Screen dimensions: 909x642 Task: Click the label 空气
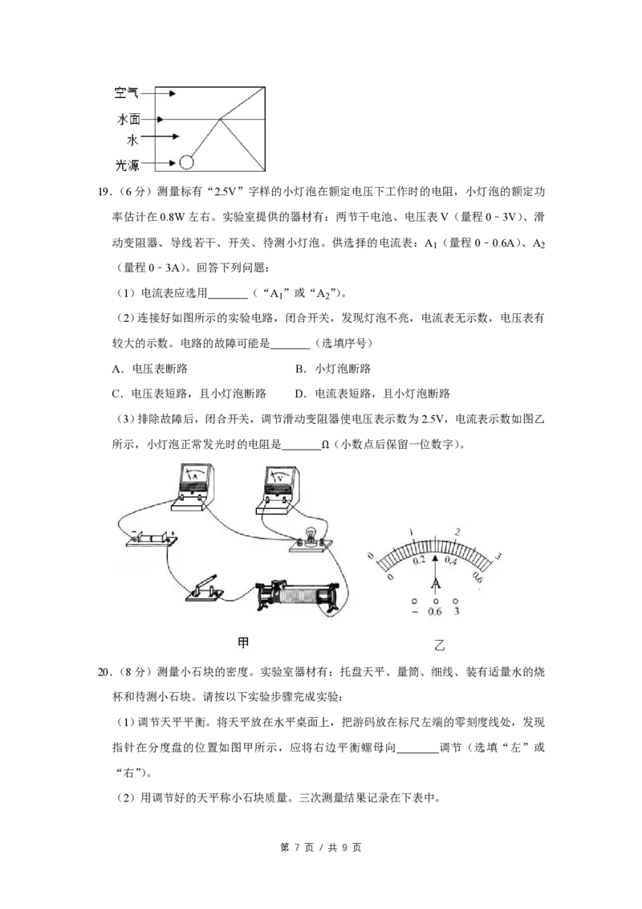point(127,94)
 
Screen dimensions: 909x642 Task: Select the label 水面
point(127,120)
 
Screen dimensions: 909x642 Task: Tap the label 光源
point(127,165)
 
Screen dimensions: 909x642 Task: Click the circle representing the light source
point(186,162)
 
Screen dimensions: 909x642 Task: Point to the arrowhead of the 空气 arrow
point(173,94)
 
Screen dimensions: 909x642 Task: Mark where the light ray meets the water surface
point(221,120)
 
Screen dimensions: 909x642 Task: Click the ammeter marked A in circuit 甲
point(193,482)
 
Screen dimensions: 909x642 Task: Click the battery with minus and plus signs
point(151,538)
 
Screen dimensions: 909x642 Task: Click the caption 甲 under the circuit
point(245,643)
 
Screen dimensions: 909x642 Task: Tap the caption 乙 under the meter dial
point(438,645)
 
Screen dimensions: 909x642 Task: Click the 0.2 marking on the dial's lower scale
point(419,561)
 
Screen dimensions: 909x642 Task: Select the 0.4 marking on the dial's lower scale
point(451,561)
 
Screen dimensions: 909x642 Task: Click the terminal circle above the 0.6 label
point(436,601)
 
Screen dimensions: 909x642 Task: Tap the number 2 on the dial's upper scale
point(457,532)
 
